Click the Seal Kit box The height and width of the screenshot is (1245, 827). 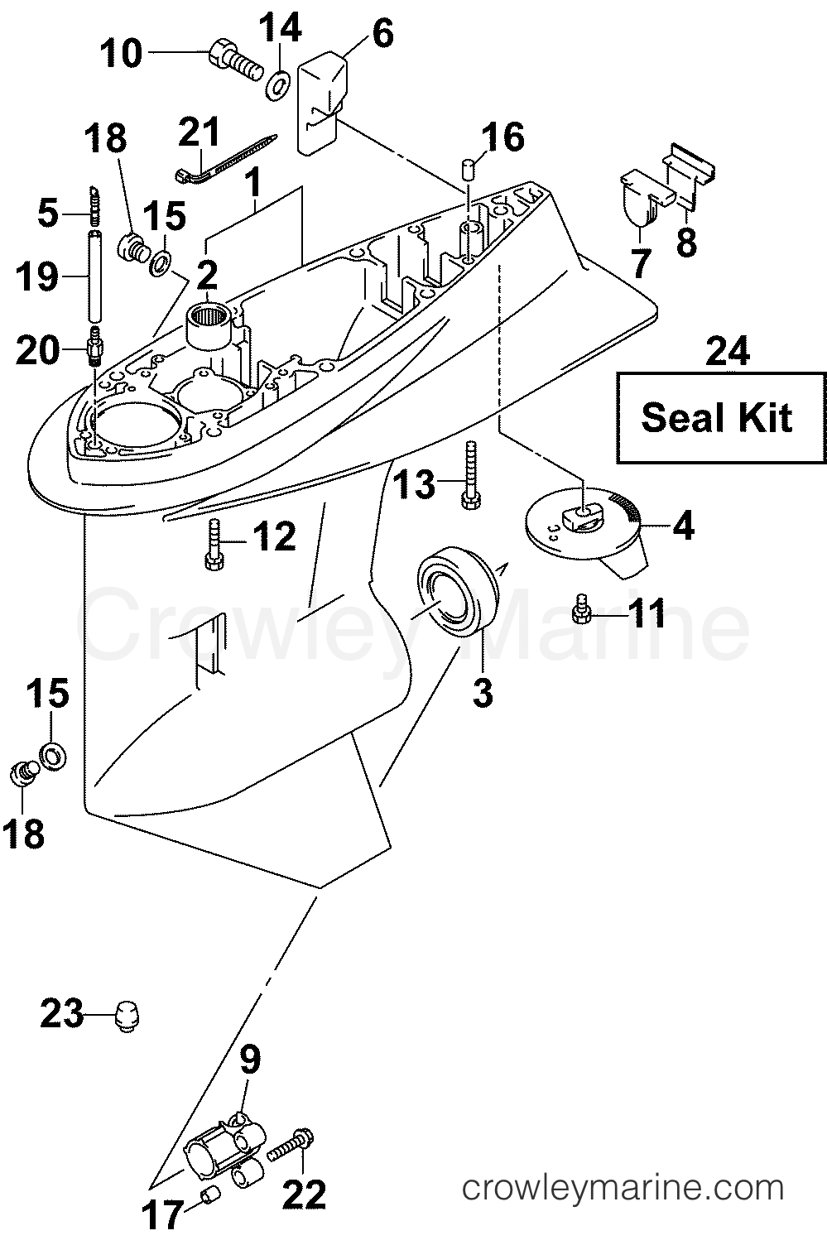[720, 417]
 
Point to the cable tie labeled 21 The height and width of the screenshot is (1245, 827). [225, 160]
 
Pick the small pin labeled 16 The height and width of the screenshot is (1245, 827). [468, 169]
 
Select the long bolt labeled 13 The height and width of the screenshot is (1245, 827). [470, 473]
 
